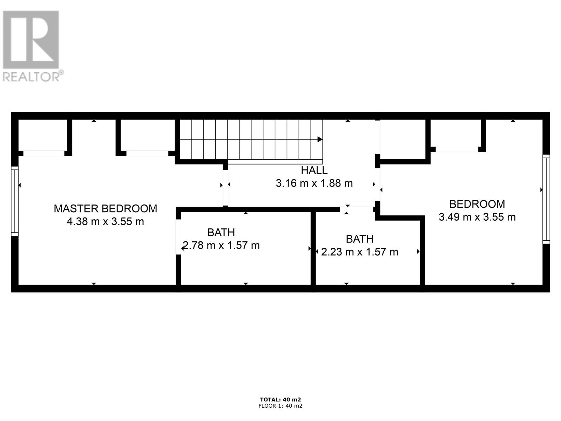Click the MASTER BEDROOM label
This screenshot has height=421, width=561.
[x=105, y=208]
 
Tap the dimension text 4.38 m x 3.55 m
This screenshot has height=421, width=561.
[x=105, y=222]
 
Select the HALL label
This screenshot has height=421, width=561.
[x=314, y=171]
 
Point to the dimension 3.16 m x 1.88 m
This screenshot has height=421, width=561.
[x=314, y=183]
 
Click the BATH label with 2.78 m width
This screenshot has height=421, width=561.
[x=221, y=232]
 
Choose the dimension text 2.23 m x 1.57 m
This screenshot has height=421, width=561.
[x=359, y=252]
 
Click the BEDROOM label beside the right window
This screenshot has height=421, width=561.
[x=477, y=204]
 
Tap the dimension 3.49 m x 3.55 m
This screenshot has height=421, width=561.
[x=477, y=217]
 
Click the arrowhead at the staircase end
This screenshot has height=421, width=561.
[x=320, y=139]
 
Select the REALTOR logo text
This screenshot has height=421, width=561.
[x=32, y=77]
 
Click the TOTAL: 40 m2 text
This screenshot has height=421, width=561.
[x=280, y=400]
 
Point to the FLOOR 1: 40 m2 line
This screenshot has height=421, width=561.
[x=280, y=406]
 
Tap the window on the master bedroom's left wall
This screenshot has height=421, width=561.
[x=14, y=201]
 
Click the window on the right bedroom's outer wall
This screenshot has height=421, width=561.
[x=546, y=199]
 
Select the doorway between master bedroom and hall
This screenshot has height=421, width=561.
[x=225, y=188]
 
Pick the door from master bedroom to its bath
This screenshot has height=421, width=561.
[x=178, y=237]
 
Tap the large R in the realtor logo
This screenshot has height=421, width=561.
[x=31, y=39]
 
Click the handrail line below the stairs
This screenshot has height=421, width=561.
[x=275, y=162]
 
